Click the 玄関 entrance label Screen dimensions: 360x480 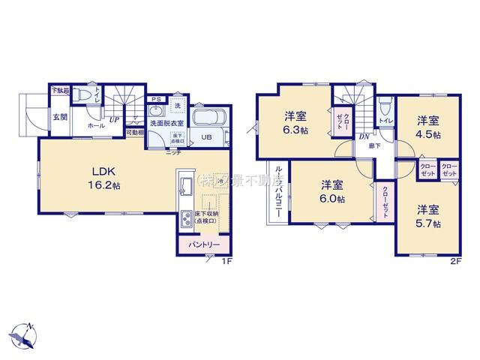click(x=60, y=117)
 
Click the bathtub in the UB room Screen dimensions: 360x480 click(x=211, y=119)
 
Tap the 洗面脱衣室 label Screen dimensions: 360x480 click(x=165, y=122)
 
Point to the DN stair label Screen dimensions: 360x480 click(x=363, y=136)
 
